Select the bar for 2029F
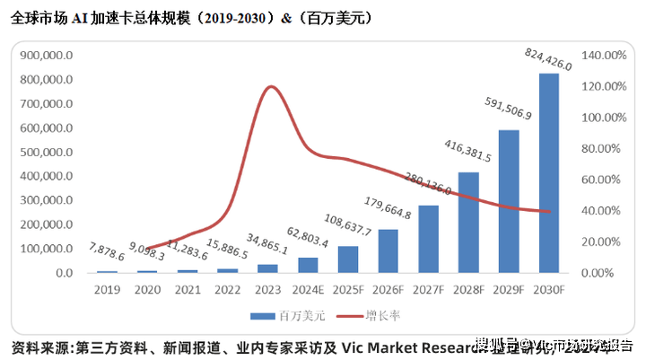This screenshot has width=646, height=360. click(x=509, y=201)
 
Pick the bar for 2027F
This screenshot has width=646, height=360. click(x=428, y=239)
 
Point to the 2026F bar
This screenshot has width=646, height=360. click(x=388, y=250)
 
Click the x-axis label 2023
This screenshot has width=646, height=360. click(x=267, y=289)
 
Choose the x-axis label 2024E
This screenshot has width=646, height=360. click(x=307, y=289)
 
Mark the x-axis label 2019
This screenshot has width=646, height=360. click(x=108, y=289)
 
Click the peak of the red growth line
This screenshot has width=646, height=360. click(x=269, y=86)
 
